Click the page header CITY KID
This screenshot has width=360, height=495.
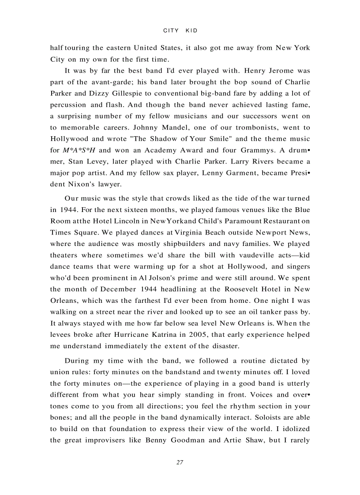coord(180,30)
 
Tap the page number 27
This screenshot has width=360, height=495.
coord(180,462)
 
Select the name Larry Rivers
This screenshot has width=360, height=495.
coord(244,162)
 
